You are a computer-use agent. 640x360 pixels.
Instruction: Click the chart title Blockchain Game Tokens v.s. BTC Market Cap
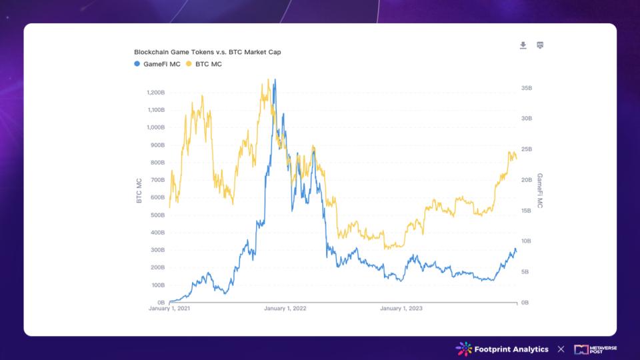point(207,52)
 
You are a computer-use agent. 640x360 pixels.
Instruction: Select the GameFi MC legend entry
point(157,64)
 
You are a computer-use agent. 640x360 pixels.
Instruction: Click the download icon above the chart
point(523,45)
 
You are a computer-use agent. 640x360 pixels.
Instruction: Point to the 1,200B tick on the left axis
point(155,93)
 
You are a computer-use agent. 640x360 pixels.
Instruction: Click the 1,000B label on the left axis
point(155,127)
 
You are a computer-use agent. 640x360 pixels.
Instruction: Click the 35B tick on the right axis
point(526,88)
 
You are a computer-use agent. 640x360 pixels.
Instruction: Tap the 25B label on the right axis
point(526,149)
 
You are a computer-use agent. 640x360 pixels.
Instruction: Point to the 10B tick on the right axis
point(526,241)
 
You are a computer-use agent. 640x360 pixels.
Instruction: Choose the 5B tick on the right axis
point(525,272)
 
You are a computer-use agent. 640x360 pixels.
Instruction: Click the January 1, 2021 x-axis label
point(169,309)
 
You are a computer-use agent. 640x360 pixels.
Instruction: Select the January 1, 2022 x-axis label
point(285,309)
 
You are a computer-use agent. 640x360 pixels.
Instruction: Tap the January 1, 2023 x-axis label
point(401,309)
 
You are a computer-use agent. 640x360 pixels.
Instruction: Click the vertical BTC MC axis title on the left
point(139,191)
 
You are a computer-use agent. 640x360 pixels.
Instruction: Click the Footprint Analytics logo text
point(511,349)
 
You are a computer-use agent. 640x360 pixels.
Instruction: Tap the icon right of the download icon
point(540,45)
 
